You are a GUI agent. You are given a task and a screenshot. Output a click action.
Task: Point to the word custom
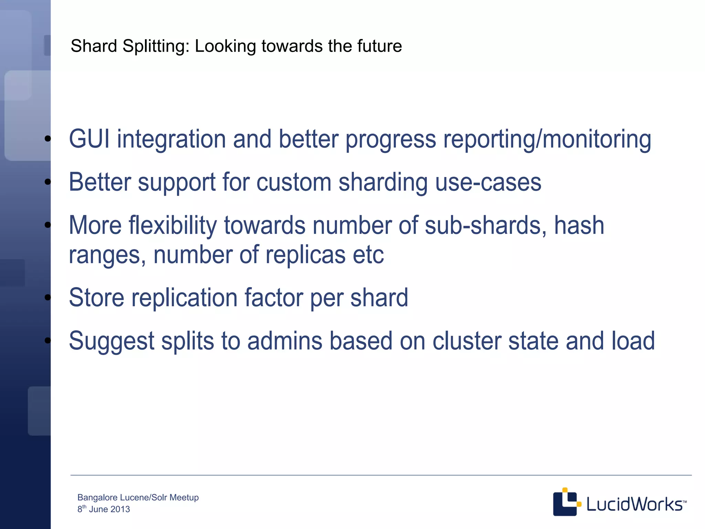(x=294, y=182)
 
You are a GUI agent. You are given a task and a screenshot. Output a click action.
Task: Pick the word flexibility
(x=173, y=226)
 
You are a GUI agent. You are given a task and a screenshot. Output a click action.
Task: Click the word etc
(x=368, y=255)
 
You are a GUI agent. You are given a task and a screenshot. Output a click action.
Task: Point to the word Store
(x=96, y=298)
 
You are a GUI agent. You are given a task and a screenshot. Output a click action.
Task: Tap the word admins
(x=285, y=341)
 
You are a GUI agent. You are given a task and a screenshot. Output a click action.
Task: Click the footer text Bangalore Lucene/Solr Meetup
(x=138, y=497)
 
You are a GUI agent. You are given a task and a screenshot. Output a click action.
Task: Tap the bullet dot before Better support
(x=48, y=182)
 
